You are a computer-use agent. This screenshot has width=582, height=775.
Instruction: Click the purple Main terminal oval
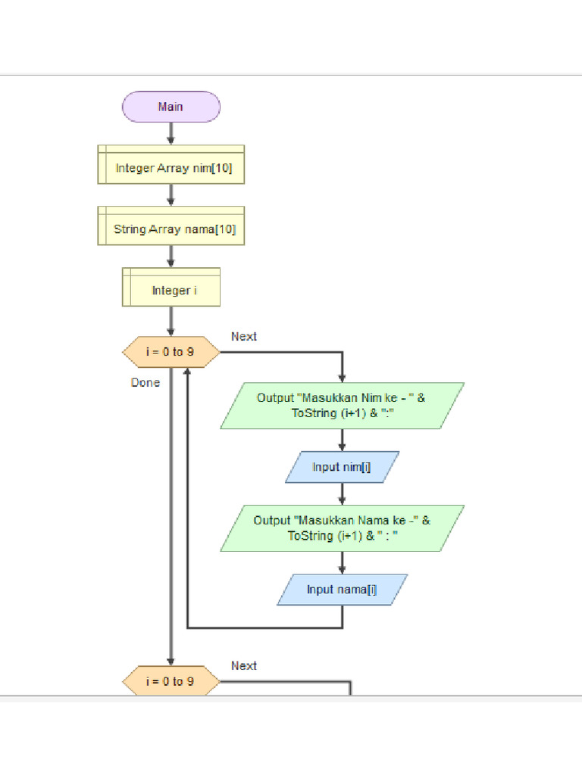(x=171, y=107)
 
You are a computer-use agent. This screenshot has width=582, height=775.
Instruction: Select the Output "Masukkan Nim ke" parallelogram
(x=343, y=406)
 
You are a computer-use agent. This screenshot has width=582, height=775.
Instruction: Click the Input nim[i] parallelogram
(x=343, y=467)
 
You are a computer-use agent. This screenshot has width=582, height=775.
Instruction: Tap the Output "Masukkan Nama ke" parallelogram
(x=343, y=528)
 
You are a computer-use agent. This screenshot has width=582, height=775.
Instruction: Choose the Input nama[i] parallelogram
(x=343, y=589)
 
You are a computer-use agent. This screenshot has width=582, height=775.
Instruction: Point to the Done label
(x=145, y=383)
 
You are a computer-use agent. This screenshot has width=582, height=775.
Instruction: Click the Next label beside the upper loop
(x=244, y=337)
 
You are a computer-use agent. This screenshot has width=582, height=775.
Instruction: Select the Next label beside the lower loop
(x=244, y=666)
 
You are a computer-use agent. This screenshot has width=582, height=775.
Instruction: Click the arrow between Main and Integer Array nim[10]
(x=171, y=133)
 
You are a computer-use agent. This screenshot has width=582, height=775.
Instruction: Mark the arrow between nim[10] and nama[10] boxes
(x=171, y=195)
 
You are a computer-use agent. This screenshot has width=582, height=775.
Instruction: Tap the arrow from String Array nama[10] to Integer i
(x=171, y=256)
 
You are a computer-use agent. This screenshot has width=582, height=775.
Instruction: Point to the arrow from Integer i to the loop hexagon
(x=171, y=321)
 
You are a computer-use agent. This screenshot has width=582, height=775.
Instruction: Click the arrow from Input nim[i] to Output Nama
(x=343, y=493)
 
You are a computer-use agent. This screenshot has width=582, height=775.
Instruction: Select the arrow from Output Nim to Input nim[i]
(x=343, y=440)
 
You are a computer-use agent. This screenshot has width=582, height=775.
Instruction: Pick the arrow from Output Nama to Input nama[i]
(x=343, y=562)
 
